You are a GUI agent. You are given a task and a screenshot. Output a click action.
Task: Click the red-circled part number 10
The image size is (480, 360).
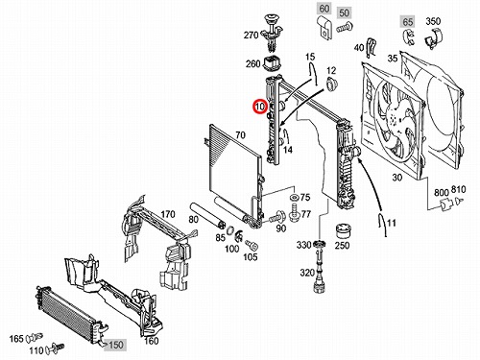pyautogui.click(x=259, y=107)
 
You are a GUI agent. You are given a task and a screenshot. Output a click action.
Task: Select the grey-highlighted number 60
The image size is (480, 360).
pyautogui.click(x=324, y=9)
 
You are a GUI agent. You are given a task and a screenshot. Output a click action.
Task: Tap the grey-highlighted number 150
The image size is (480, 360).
pyautogui.click(x=115, y=345)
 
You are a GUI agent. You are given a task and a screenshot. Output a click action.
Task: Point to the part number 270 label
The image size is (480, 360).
pyautogui.click(x=251, y=36)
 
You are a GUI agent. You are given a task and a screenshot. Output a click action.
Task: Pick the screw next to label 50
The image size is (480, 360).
pyautogui.click(x=345, y=28)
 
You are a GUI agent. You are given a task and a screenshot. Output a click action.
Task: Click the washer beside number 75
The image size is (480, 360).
pyautogui.click(x=294, y=197)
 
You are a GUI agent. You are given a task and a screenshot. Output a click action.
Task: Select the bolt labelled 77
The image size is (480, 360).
pyautogui.click(x=294, y=212)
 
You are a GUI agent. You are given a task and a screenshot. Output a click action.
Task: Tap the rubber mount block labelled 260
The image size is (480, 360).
pyautogui.click(x=273, y=63)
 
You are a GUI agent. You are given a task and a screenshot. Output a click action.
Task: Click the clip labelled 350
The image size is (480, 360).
pyautogui.click(x=433, y=38)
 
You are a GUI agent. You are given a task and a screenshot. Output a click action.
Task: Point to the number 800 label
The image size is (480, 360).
pyautogui.click(x=442, y=192)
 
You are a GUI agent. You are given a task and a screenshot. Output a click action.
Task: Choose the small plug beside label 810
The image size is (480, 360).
pyautogui.click(x=458, y=202)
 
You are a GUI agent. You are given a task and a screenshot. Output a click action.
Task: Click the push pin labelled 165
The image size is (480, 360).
pyautogui.click(x=35, y=337)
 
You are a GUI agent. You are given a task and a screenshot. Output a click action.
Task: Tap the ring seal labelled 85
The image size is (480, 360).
pyautogui.click(x=230, y=230)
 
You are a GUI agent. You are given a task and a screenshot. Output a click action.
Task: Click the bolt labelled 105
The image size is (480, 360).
pyautogui.click(x=252, y=246)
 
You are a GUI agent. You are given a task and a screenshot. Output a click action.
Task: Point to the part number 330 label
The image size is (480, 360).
pyautogui.click(x=303, y=245)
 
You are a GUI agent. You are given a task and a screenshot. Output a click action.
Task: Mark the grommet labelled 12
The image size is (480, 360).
pyautogui.click(x=330, y=84)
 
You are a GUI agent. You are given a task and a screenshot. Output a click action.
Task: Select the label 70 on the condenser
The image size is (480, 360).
pyautogui.click(x=240, y=134)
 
